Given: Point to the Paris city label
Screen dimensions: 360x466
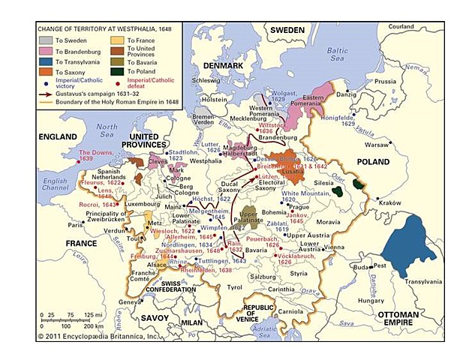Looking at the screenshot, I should pos(74,224).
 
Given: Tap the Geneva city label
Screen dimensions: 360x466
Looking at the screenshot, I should pos(131,301).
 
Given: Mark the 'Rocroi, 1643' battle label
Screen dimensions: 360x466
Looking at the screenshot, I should pos(96,204).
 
